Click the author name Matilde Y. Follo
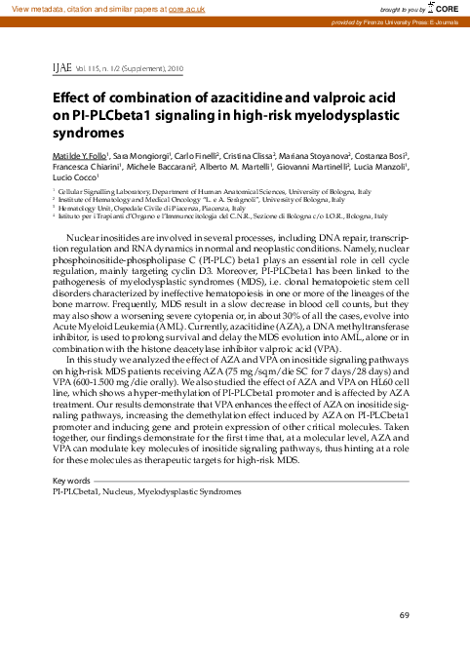coord(81,156)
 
